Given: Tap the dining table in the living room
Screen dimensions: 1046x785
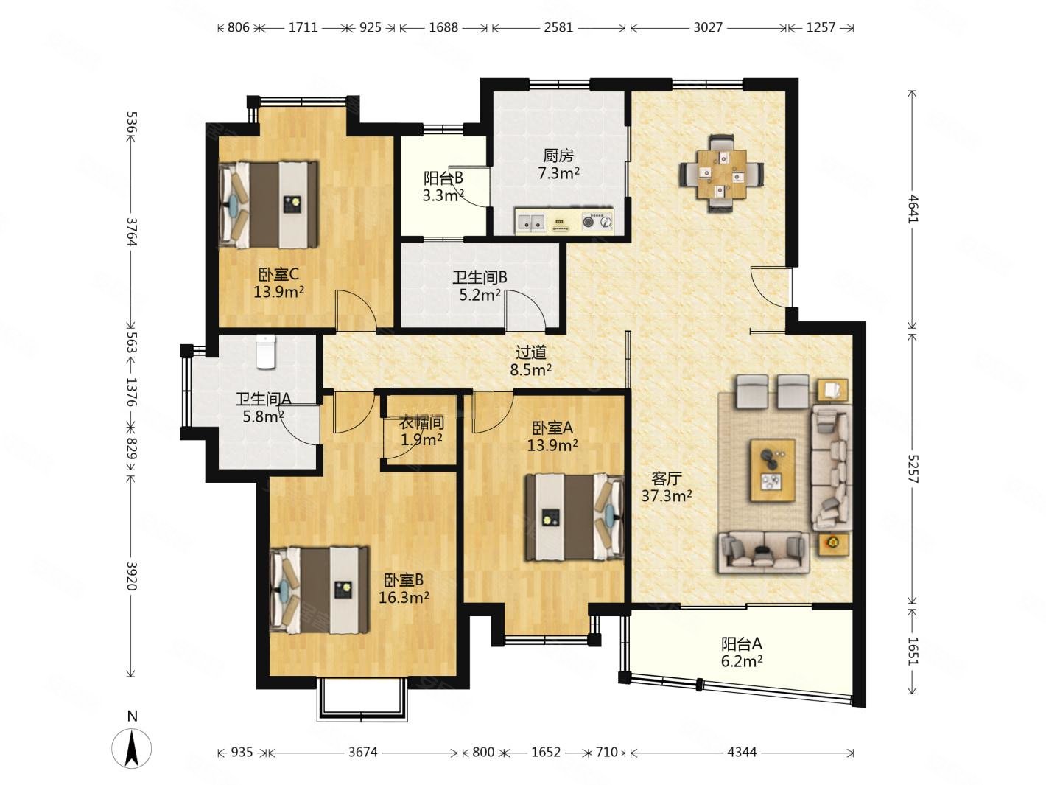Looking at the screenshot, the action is pyautogui.click(x=720, y=173).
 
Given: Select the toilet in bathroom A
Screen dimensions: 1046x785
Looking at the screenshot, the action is pyautogui.click(x=266, y=352).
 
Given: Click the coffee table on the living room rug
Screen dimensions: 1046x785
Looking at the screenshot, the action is pyautogui.click(x=773, y=470).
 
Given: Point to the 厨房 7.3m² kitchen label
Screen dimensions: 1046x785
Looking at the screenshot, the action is pyautogui.click(x=558, y=164).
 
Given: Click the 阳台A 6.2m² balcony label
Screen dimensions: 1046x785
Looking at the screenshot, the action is pyautogui.click(x=742, y=652).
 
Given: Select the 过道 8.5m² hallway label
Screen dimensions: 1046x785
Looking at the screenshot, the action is pyautogui.click(x=531, y=360).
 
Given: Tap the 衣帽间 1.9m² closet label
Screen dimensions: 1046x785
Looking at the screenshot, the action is pyautogui.click(x=421, y=431).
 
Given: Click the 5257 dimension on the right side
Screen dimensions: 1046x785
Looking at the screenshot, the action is pyautogui.click(x=912, y=469).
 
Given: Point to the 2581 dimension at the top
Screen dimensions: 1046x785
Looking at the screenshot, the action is pyautogui.click(x=558, y=27).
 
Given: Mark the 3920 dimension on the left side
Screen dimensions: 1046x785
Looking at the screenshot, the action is pyautogui.click(x=132, y=576).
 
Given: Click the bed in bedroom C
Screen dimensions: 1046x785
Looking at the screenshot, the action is pyautogui.click(x=268, y=204).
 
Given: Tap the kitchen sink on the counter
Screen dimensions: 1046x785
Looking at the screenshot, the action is pyautogui.click(x=530, y=222).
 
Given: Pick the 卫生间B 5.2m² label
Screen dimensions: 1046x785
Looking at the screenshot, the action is pyautogui.click(x=480, y=286).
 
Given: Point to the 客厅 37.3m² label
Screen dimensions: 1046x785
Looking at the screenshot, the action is pyautogui.click(x=667, y=486).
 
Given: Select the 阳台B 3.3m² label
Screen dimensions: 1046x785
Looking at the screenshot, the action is pyautogui.click(x=443, y=186).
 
